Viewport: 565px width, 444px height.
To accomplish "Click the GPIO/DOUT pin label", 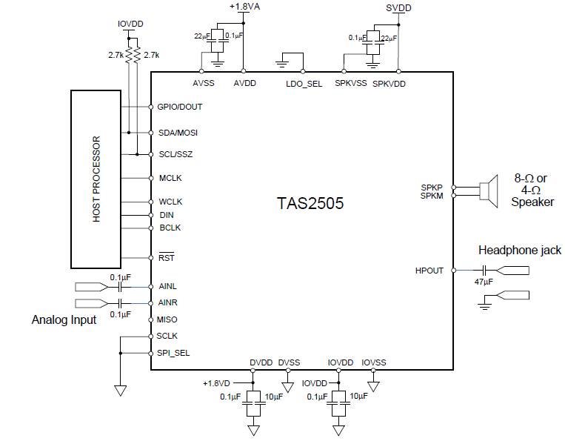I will pyautogui.click(x=180, y=107).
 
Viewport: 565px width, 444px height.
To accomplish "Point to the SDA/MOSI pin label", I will pyautogui.click(x=178, y=133).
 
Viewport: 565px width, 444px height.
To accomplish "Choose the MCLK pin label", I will pyautogui.click(x=170, y=178).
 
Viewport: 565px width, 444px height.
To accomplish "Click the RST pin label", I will pyautogui.click(x=166, y=259).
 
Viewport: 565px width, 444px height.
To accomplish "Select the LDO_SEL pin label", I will pyautogui.click(x=304, y=84).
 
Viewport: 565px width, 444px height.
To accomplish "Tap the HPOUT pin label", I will pyautogui.click(x=429, y=271).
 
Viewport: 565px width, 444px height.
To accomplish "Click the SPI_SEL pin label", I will pyautogui.click(x=173, y=353).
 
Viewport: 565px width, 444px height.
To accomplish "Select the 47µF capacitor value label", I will pyautogui.click(x=484, y=282).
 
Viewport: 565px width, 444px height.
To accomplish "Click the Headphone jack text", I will pyautogui.click(x=519, y=251).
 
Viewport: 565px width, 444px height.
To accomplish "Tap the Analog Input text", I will pyautogui.click(x=64, y=320).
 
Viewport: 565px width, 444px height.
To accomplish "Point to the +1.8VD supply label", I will pyautogui.click(x=218, y=383).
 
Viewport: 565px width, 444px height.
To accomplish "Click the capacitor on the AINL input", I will pyautogui.click(x=119, y=286).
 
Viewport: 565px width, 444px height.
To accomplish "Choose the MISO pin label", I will pyautogui.click(x=168, y=319).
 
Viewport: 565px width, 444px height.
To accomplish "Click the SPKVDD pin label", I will pyautogui.click(x=390, y=84).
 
